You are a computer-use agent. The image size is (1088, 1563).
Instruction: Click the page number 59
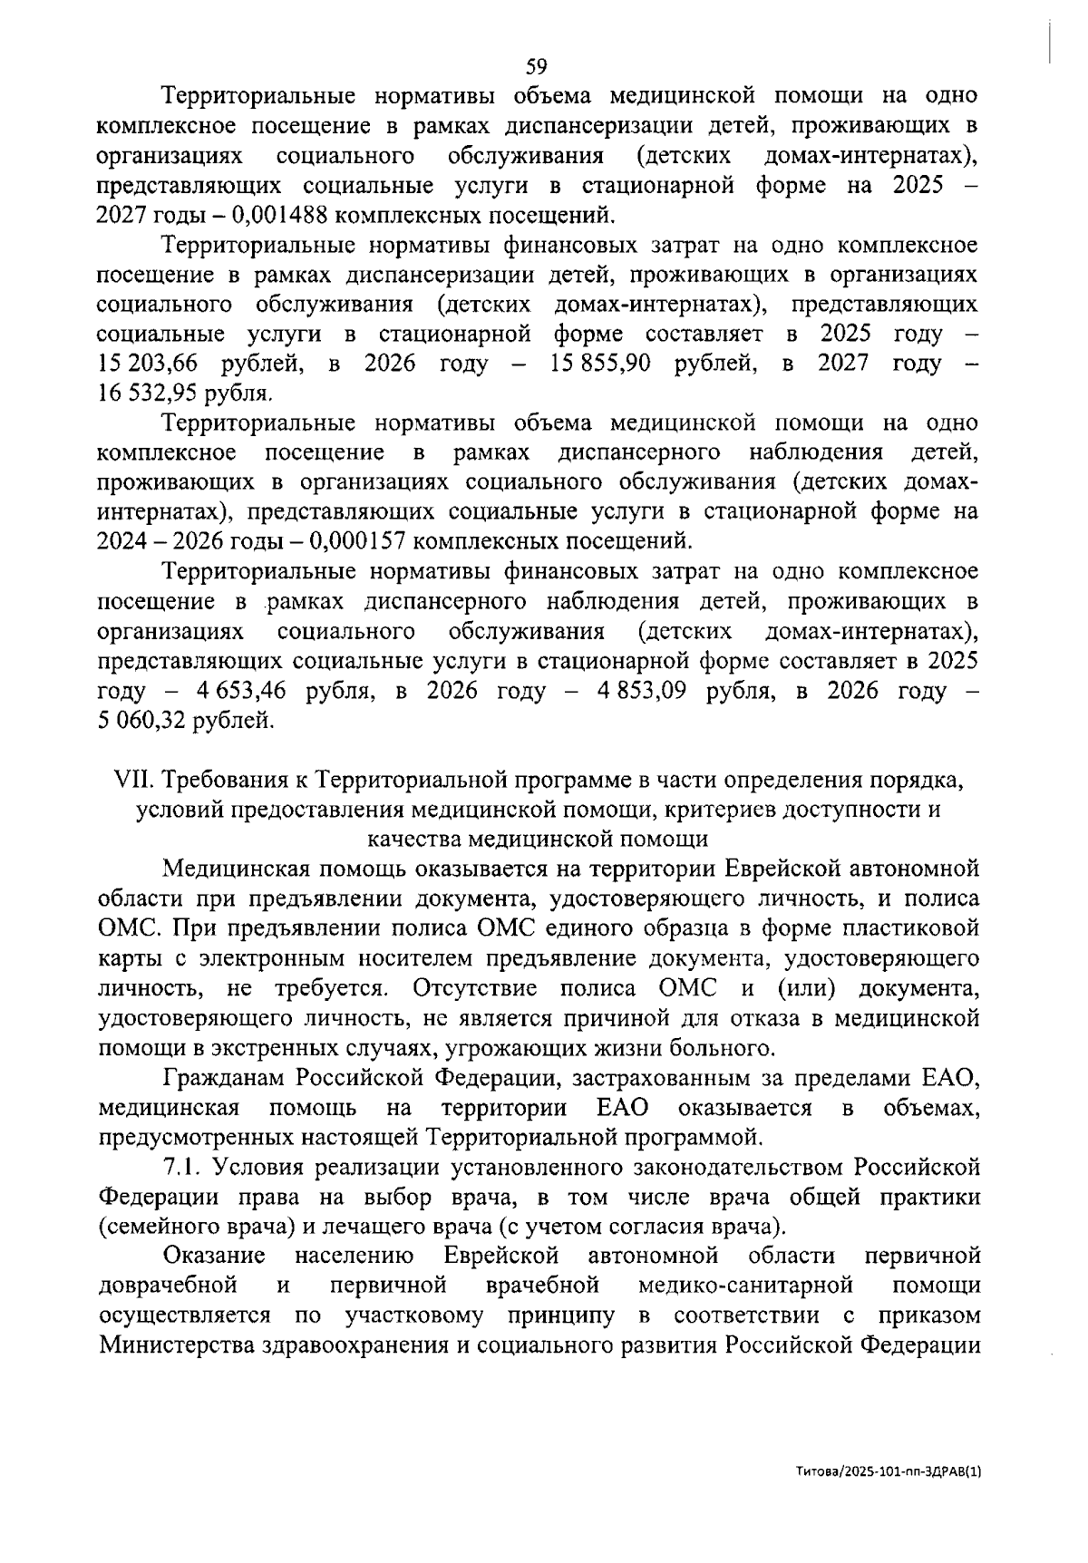[537, 66]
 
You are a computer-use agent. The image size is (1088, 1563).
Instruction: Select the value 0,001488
[277, 216]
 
